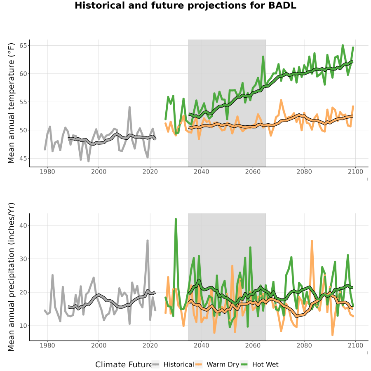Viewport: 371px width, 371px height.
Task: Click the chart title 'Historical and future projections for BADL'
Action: click(x=185, y=5)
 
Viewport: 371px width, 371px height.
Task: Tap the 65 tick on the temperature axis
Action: click(x=23, y=45)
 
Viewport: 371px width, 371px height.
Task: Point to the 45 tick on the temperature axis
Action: click(x=23, y=158)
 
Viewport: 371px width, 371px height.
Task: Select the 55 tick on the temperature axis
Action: click(x=23, y=102)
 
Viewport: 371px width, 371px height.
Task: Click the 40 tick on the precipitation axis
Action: click(x=23, y=225)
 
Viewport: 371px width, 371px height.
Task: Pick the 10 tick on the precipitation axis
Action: click(x=23, y=326)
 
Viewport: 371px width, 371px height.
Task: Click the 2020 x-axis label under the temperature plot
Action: click(x=150, y=171)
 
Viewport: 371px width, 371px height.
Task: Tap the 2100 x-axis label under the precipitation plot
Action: click(x=355, y=345)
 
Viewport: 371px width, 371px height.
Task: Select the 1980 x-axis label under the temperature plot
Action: click(x=47, y=171)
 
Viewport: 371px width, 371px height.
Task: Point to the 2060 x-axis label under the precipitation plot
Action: click(x=253, y=345)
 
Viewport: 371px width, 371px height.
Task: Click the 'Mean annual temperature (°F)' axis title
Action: click(x=11, y=103)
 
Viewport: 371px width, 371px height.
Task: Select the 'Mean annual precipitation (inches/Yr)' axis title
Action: click(x=11, y=277)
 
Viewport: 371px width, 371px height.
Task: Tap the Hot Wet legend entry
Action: click(x=260, y=365)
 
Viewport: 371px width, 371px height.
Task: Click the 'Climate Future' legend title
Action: click(x=123, y=365)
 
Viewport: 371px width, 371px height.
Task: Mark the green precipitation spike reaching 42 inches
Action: click(x=176, y=219)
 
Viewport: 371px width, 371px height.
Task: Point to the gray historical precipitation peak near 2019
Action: click(x=148, y=241)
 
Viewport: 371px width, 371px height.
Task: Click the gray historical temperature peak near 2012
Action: click(x=130, y=108)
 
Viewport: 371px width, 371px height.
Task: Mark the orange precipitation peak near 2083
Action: click(x=312, y=241)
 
